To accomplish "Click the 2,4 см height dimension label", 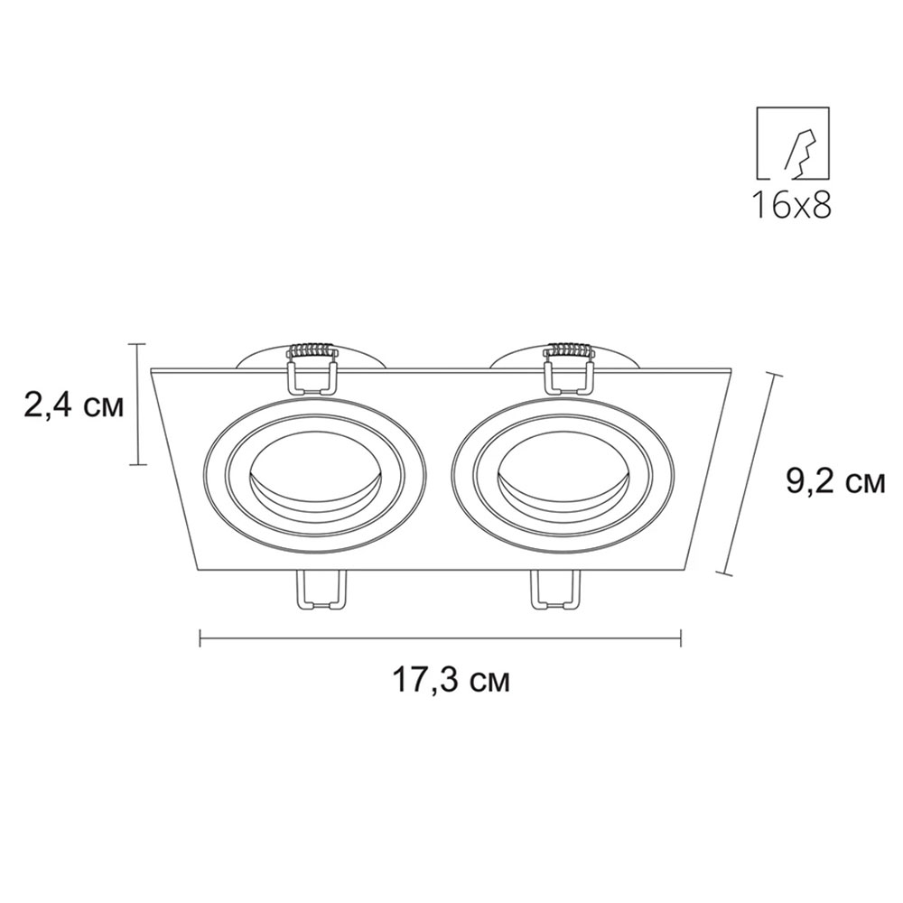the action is pyautogui.click(x=74, y=406).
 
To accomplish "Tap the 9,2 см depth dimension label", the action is pyautogui.click(x=835, y=481).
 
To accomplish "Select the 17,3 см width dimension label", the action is pyautogui.click(x=451, y=680).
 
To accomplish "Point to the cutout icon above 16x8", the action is pyautogui.click(x=793, y=142).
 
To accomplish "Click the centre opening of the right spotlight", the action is pyautogui.click(x=562, y=471).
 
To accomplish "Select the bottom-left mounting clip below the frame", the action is pyautogui.click(x=321, y=589).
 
